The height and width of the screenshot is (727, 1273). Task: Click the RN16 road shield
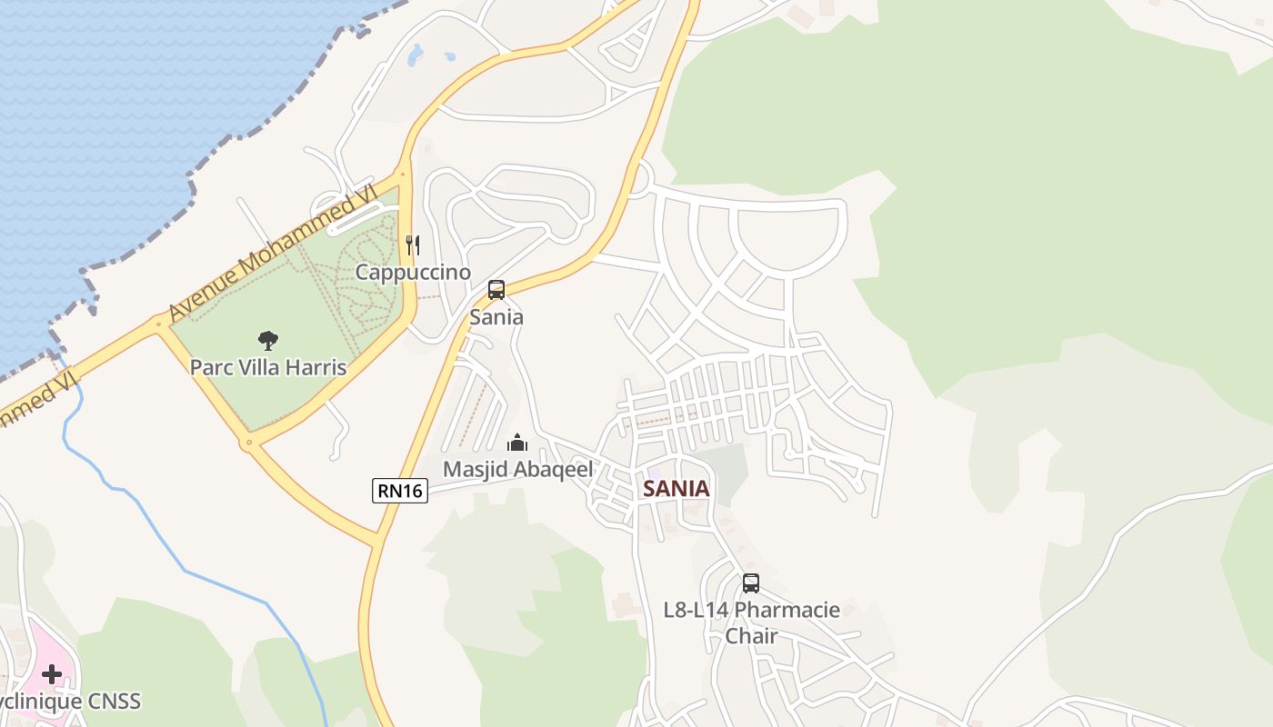click(400, 491)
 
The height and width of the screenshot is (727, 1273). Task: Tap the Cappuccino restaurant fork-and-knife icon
click(412, 244)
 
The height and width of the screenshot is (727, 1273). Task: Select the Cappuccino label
click(413, 272)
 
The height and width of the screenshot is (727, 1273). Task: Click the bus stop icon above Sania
click(496, 290)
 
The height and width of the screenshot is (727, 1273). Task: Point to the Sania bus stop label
click(496, 317)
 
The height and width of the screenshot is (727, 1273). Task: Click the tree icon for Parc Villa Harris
click(267, 341)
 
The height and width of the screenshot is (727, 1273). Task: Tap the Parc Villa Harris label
click(267, 367)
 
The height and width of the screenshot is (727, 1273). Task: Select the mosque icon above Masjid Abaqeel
click(517, 443)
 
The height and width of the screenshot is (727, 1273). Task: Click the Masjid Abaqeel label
click(517, 469)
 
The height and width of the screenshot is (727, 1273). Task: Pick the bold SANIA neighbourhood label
click(676, 488)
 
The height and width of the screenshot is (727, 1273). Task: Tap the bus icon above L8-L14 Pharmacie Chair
click(750, 583)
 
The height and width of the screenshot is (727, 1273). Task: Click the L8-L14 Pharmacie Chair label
click(751, 622)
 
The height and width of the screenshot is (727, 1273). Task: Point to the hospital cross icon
click(51, 674)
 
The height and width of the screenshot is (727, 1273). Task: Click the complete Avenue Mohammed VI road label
click(272, 251)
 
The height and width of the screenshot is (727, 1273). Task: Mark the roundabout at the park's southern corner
click(247, 443)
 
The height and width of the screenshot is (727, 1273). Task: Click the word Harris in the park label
click(314, 367)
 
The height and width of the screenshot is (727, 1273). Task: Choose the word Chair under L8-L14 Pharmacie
click(751, 635)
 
